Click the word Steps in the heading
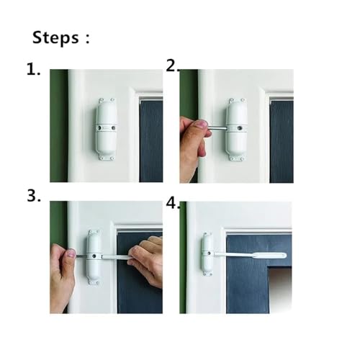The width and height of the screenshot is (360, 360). click(x=55, y=37)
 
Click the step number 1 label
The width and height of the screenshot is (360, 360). click(x=33, y=70)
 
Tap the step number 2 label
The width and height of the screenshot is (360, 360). click(x=172, y=66)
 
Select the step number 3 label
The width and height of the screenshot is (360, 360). click(x=34, y=197)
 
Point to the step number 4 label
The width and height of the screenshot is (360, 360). click(x=173, y=204)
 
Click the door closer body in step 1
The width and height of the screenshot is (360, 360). click(x=107, y=128)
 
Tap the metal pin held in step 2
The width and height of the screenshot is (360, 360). click(x=217, y=128)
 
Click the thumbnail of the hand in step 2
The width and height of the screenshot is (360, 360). click(x=201, y=124)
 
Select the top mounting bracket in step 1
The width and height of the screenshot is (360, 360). click(x=107, y=99)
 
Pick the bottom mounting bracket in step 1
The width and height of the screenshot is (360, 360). click(x=107, y=158)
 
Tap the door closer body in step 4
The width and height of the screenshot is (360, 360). click(x=207, y=253)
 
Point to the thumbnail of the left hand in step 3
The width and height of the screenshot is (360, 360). click(x=71, y=253)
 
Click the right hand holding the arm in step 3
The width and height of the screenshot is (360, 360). click(x=146, y=261)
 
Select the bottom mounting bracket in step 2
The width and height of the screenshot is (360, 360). click(x=236, y=158)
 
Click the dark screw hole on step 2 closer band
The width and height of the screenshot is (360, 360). click(x=239, y=128)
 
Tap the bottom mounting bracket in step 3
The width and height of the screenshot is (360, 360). click(x=94, y=282)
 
